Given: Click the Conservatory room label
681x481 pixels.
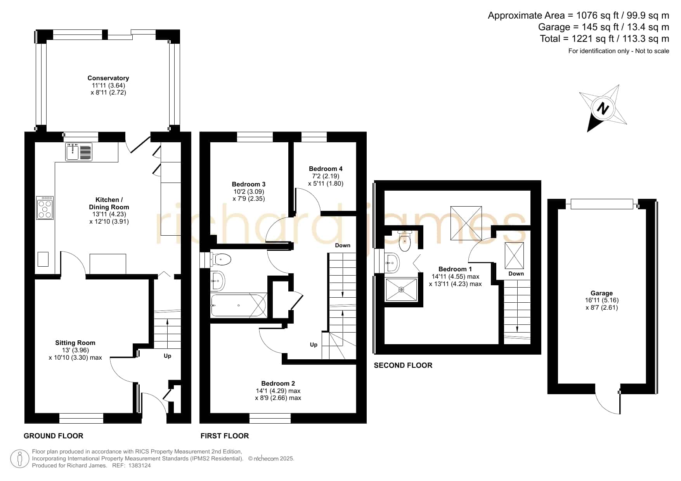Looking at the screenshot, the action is (x=108, y=78).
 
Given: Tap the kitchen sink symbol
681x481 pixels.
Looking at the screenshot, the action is (x=79, y=152).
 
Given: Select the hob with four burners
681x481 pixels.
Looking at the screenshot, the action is (x=45, y=208).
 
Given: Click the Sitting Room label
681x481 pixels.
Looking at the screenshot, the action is (x=75, y=343).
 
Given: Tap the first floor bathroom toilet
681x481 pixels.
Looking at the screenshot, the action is (x=221, y=259).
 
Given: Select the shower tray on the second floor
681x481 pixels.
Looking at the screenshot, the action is (x=401, y=289).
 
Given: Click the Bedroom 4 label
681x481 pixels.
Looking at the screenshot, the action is (x=326, y=169).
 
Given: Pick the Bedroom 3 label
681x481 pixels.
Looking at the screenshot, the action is (x=249, y=184).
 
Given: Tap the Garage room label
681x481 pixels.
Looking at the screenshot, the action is (x=601, y=293).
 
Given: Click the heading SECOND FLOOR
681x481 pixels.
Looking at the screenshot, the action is (x=403, y=365).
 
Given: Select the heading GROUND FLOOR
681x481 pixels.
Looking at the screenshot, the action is (x=54, y=436).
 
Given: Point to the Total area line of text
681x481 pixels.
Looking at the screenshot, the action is (x=605, y=39).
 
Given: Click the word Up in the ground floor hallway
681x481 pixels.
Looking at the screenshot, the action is (x=167, y=356).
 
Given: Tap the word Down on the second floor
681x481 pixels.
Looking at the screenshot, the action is (x=516, y=274).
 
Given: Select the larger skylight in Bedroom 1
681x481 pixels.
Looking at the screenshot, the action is (x=466, y=223).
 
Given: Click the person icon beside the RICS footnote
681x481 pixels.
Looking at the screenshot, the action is (x=19, y=459).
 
